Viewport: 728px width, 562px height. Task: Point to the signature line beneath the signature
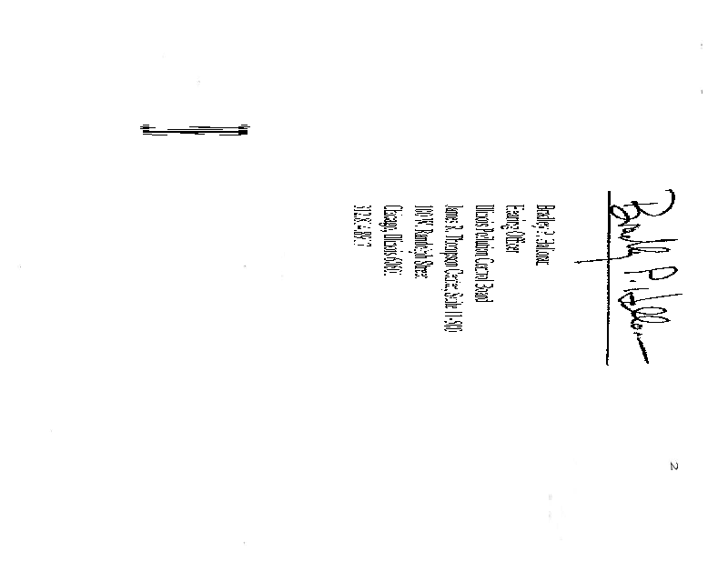coord(607,277)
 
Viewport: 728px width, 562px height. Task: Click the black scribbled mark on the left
coord(195,130)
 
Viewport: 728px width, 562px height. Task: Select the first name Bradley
coord(543,222)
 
